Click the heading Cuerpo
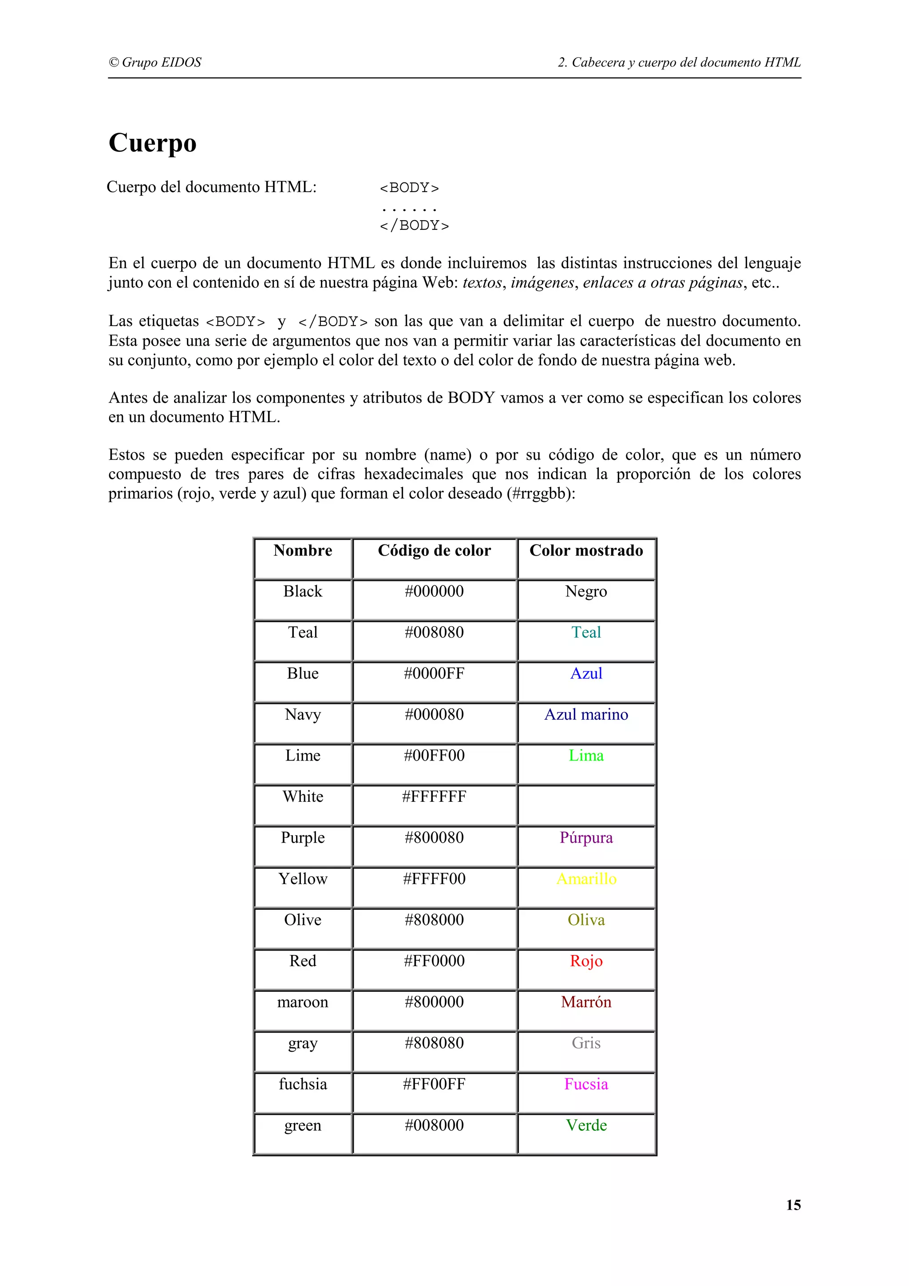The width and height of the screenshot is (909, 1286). tap(152, 143)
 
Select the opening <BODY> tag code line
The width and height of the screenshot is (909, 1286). tap(409, 188)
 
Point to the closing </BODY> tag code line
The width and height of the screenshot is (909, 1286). tap(414, 225)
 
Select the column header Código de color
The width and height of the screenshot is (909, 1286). tap(434, 551)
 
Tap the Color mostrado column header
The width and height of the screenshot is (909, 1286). tap(586, 551)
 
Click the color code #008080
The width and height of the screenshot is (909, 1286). tap(434, 632)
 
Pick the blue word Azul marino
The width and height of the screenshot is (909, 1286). tap(586, 715)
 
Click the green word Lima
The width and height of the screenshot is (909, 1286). tap(586, 756)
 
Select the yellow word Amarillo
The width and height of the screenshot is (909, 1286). tap(586, 879)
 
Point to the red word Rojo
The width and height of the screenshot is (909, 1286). tap(586, 961)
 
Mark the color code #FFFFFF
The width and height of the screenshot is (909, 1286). tap(434, 797)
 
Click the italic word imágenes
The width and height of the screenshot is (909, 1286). tap(542, 283)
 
